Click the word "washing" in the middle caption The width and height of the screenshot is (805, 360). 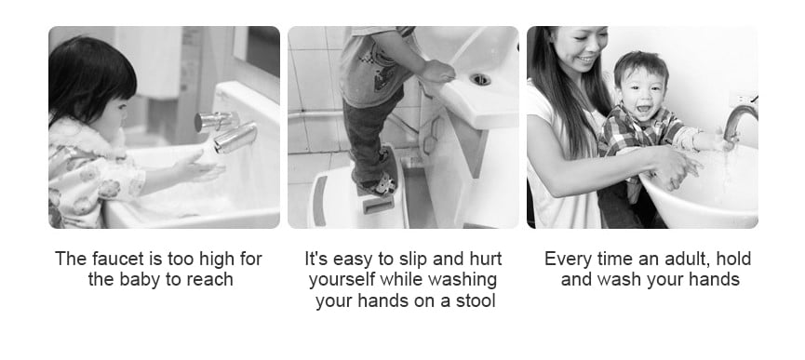463,279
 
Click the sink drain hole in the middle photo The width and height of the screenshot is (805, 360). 480,79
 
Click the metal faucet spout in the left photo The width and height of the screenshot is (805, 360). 235,137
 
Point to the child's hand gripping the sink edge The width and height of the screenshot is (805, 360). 436,72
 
